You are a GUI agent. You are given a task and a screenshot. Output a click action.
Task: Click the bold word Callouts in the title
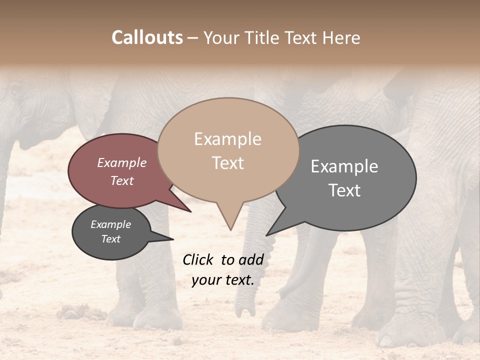(x=147, y=37)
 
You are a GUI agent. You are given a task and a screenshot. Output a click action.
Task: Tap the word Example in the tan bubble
(x=227, y=139)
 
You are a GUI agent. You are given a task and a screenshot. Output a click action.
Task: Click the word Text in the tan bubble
(x=227, y=163)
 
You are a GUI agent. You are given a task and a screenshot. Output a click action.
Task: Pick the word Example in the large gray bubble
(x=344, y=166)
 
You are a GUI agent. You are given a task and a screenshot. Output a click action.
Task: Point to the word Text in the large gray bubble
(x=344, y=190)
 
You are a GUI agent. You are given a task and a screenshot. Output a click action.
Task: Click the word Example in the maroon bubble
(x=121, y=162)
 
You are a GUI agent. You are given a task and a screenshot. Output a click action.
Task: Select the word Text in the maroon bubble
(x=122, y=180)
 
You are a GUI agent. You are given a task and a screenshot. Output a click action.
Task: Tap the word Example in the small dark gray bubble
(x=110, y=224)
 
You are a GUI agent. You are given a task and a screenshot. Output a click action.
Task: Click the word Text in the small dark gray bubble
(x=110, y=239)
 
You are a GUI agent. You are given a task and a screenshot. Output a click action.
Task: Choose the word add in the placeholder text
(x=250, y=259)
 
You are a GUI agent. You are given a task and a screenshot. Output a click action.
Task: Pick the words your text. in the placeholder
(x=222, y=280)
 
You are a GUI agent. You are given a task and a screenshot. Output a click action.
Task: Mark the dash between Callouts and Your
(x=193, y=38)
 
